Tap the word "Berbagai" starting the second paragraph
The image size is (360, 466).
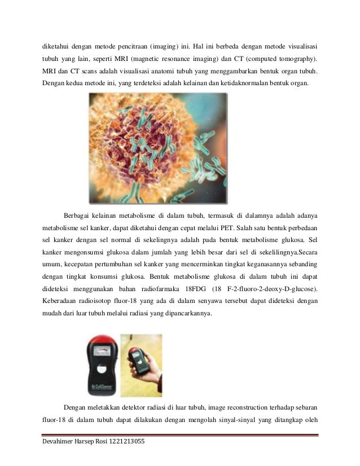tap(80, 215)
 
